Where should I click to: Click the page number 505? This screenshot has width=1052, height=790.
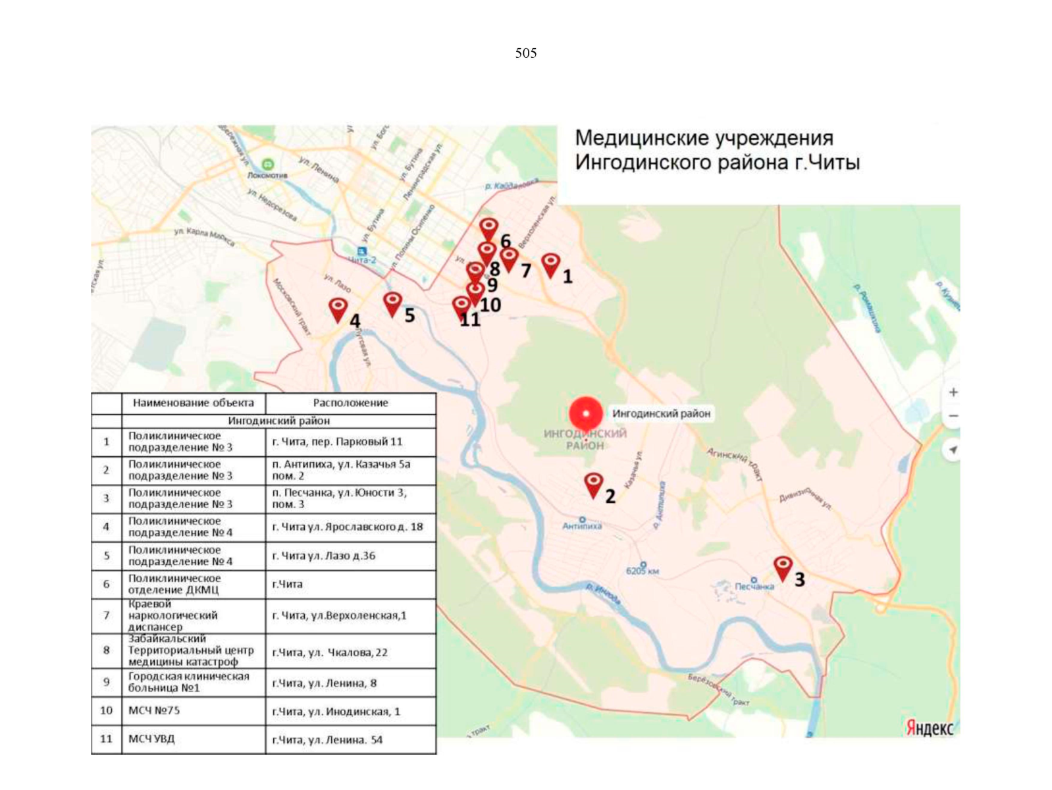coord(525,53)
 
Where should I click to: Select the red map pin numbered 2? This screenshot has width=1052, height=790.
coord(593,485)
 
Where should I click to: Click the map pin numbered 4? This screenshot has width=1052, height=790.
coord(338,309)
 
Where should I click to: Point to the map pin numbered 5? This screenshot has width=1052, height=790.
coord(392,303)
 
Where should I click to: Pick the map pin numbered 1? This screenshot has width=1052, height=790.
coord(550,265)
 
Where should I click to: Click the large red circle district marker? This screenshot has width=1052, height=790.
coord(585,413)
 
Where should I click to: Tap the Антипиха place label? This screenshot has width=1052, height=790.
coord(582,525)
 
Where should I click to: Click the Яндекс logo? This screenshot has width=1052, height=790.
coord(929,727)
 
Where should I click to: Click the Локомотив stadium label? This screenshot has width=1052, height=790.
coord(267,174)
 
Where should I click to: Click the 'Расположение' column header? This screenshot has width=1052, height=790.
coord(350,403)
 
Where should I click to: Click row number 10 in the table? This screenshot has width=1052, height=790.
coord(106,711)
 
